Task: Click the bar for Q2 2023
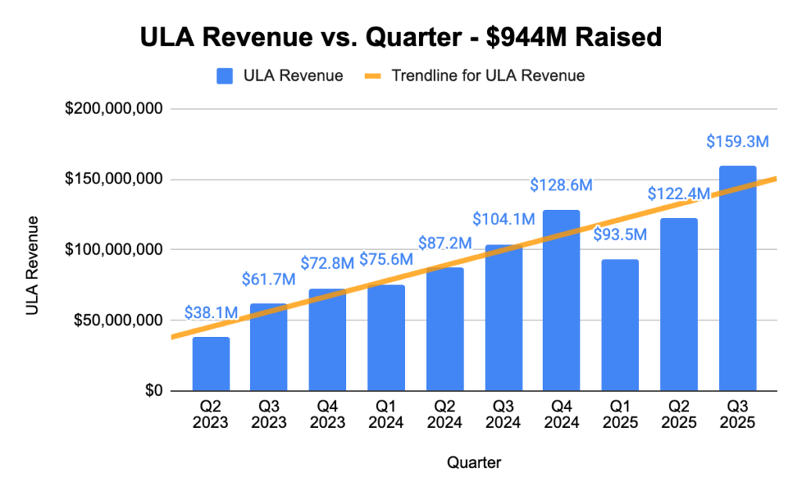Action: [x=211, y=364]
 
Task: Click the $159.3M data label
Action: [x=737, y=142]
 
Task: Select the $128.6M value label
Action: [x=561, y=186]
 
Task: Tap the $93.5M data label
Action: [x=620, y=234]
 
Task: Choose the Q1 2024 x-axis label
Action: [x=386, y=415]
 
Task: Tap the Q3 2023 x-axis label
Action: [x=269, y=415]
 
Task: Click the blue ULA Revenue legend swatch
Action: [x=226, y=76]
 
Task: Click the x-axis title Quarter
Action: [x=474, y=462]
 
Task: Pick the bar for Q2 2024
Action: [x=445, y=329]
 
